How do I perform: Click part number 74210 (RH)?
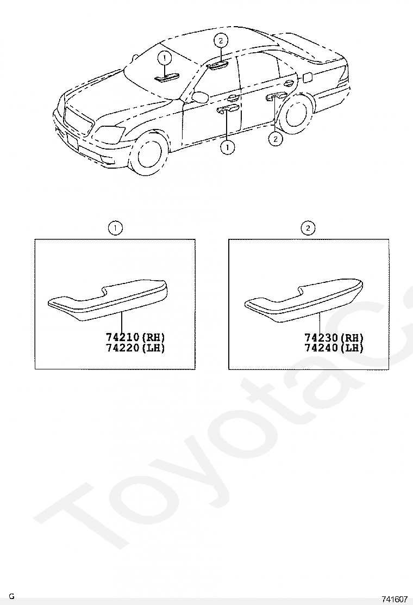(x=135, y=337)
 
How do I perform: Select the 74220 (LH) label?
(x=135, y=348)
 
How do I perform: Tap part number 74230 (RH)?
(x=334, y=338)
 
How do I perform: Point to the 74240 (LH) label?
(x=334, y=348)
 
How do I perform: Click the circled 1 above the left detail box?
(x=115, y=228)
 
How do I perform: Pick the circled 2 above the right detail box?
(x=308, y=228)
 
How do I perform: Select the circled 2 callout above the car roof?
(x=221, y=40)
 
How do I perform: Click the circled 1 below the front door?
(x=227, y=147)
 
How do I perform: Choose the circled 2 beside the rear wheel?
(x=275, y=139)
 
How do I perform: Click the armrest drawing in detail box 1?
(x=108, y=300)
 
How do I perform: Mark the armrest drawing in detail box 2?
(x=304, y=300)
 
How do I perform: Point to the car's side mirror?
(x=201, y=96)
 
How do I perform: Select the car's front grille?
(x=79, y=120)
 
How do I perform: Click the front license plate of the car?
(x=72, y=141)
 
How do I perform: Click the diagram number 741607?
(x=394, y=599)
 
